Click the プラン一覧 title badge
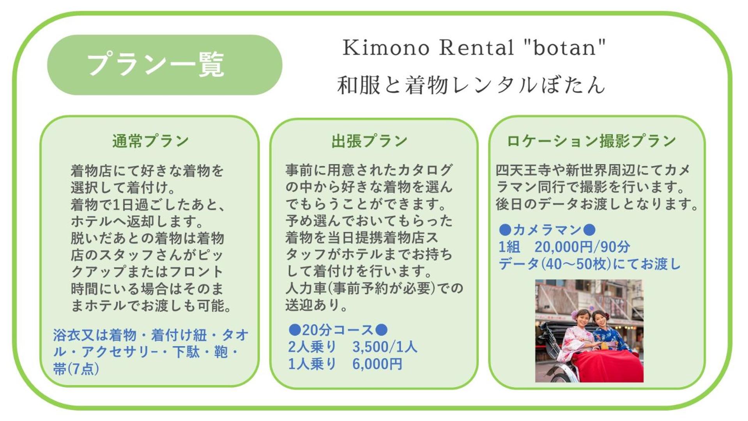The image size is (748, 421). tap(164, 65)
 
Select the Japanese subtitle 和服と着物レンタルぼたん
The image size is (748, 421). tap(471, 85)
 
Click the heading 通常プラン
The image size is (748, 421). tap(150, 141)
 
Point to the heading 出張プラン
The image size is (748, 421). tap(369, 141)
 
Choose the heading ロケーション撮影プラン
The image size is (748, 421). tap(591, 141)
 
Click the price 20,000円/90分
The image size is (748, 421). tap(582, 247)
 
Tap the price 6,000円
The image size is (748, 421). tap(377, 364)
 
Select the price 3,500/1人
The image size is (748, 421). tap(385, 347)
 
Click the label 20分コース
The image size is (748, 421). tap(338, 330)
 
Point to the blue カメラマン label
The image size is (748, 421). tap(547, 230)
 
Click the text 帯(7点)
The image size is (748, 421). tap(76, 369)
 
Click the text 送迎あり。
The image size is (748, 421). tap(316, 305)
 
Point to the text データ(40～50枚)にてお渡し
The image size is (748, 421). tap(590, 264)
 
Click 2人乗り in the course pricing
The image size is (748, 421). tap(312, 347)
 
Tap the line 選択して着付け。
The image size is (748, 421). tap(123, 188)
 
